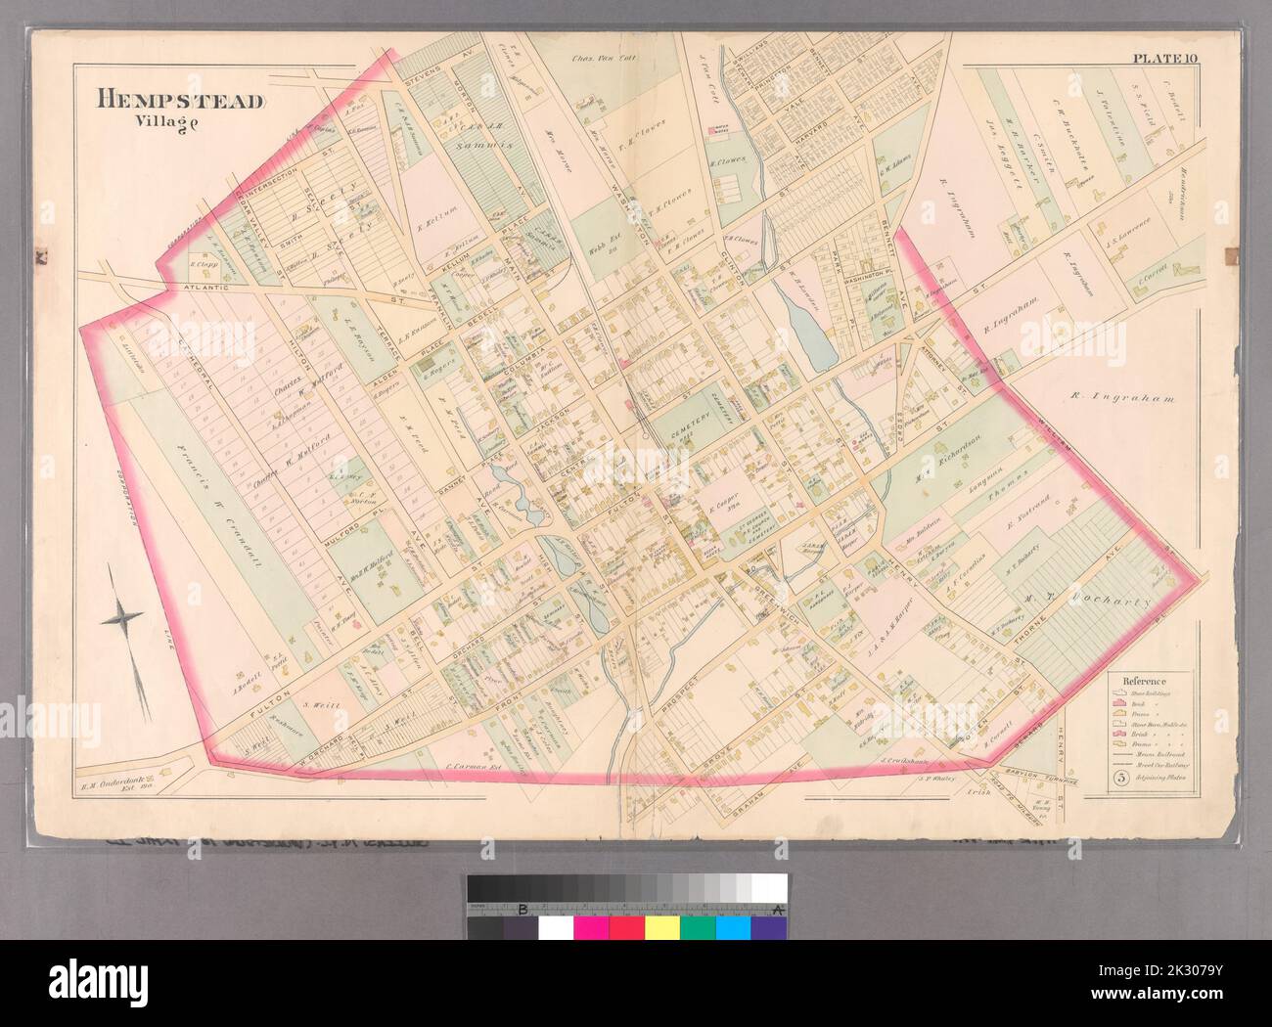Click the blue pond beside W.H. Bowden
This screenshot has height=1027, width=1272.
point(811,337)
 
